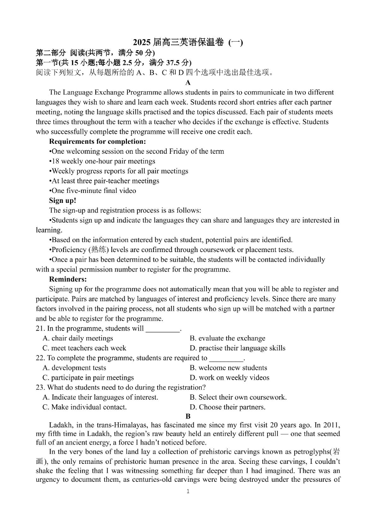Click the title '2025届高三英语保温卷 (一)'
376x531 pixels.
(x=188, y=43)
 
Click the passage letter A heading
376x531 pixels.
(x=188, y=83)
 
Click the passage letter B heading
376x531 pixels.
(x=188, y=416)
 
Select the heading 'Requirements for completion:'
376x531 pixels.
(x=97, y=141)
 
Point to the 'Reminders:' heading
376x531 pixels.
(x=68, y=279)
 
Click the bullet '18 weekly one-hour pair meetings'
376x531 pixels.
(x=102, y=161)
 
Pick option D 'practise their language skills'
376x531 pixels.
(x=237, y=348)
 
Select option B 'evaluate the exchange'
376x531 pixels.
(x=227, y=338)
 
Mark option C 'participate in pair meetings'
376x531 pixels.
(x=88, y=377)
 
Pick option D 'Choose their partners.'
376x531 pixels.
(x=227, y=407)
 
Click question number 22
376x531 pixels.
(x=40, y=358)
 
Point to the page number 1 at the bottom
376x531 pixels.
(x=188, y=491)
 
